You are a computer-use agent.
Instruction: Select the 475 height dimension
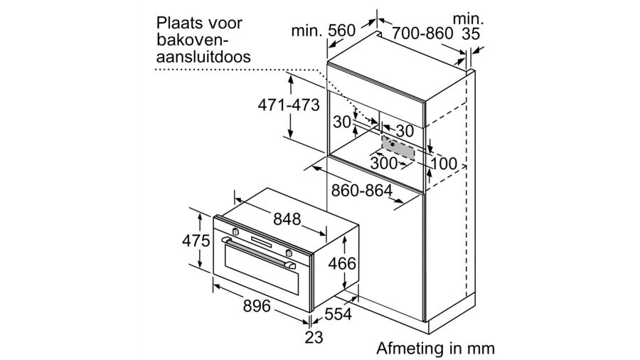196,240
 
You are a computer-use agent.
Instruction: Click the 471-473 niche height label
287,104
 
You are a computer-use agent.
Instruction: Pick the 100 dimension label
444,163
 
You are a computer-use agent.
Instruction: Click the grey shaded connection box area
398,147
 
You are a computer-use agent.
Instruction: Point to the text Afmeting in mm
435,348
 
